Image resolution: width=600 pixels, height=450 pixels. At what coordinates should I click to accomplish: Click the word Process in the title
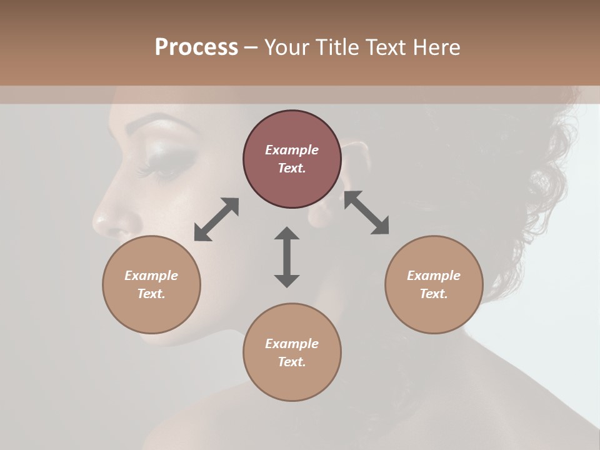click(x=196, y=47)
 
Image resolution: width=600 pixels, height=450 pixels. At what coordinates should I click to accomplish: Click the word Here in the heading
click(x=435, y=47)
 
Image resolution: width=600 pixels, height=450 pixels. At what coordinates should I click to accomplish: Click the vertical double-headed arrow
click(x=287, y=257)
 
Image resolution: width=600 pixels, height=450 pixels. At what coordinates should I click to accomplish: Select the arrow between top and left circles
click(x=216, y=219)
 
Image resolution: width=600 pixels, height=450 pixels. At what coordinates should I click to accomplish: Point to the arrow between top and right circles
click(x=366, y=212)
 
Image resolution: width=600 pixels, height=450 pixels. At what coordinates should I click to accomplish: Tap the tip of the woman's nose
click(x=99, y=220)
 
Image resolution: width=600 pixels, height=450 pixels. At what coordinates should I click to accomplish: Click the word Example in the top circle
click(x=292, y=150)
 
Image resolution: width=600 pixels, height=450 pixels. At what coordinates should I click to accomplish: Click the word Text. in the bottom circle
click(x=292, y=362)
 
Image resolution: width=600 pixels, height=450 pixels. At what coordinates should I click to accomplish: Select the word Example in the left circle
click(x=151, y=276)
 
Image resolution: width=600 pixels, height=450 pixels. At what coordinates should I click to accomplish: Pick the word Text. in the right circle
click(x=434, y=294)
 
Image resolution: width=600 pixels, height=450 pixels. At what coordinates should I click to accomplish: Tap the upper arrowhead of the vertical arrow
click(x=287, y=233)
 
